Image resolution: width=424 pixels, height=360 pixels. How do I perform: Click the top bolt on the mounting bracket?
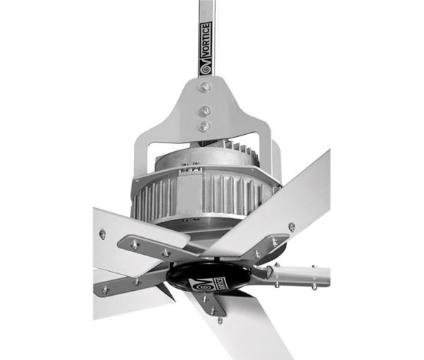(x=205, y=87)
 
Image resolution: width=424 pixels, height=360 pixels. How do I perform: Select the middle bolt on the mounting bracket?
(x=205, y=111)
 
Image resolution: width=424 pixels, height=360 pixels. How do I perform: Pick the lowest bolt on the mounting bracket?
(x=205, y=126)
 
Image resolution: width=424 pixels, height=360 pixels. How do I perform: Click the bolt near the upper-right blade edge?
(x=291, y=227)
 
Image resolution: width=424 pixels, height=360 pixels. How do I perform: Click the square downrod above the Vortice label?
(x=206, y=11)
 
